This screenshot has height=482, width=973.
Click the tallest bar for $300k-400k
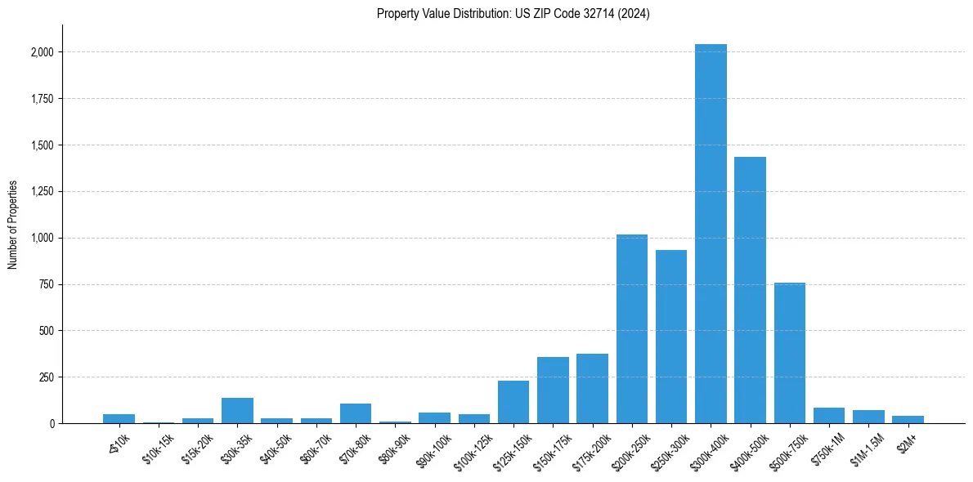coord(711,234)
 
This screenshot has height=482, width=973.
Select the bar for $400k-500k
coord(750,290)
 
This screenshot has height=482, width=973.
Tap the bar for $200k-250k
coord(631,329)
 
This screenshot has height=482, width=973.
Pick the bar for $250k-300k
coord(671,337)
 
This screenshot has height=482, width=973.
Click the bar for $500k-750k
coord(790,353)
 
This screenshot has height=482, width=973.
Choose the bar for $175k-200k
coord(592,389)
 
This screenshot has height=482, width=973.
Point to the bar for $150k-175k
coord(553,391)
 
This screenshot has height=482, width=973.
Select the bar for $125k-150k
coord(513,402)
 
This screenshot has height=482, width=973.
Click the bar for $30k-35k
coord(237,411)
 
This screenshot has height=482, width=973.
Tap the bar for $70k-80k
coord(356,413)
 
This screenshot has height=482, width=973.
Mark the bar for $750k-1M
coord(829,416)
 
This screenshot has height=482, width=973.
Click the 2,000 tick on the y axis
coord(41,52)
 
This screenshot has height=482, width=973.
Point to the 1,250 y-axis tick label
coord(41,192)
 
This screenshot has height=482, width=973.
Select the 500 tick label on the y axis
coord(47,331)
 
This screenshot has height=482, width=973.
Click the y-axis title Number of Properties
coord(13,225)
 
